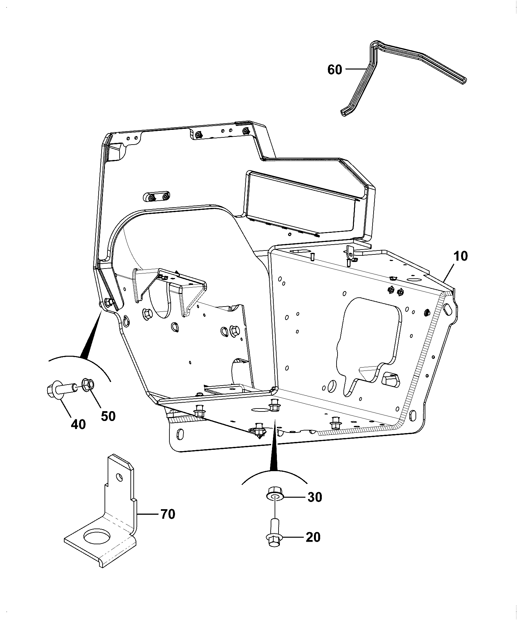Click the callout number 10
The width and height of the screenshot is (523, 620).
coord(460,256)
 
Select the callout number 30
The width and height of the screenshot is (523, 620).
coord(315,497)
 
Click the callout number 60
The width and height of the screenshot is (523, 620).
coord(335,70)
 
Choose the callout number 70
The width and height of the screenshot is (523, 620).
coord(167,514)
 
